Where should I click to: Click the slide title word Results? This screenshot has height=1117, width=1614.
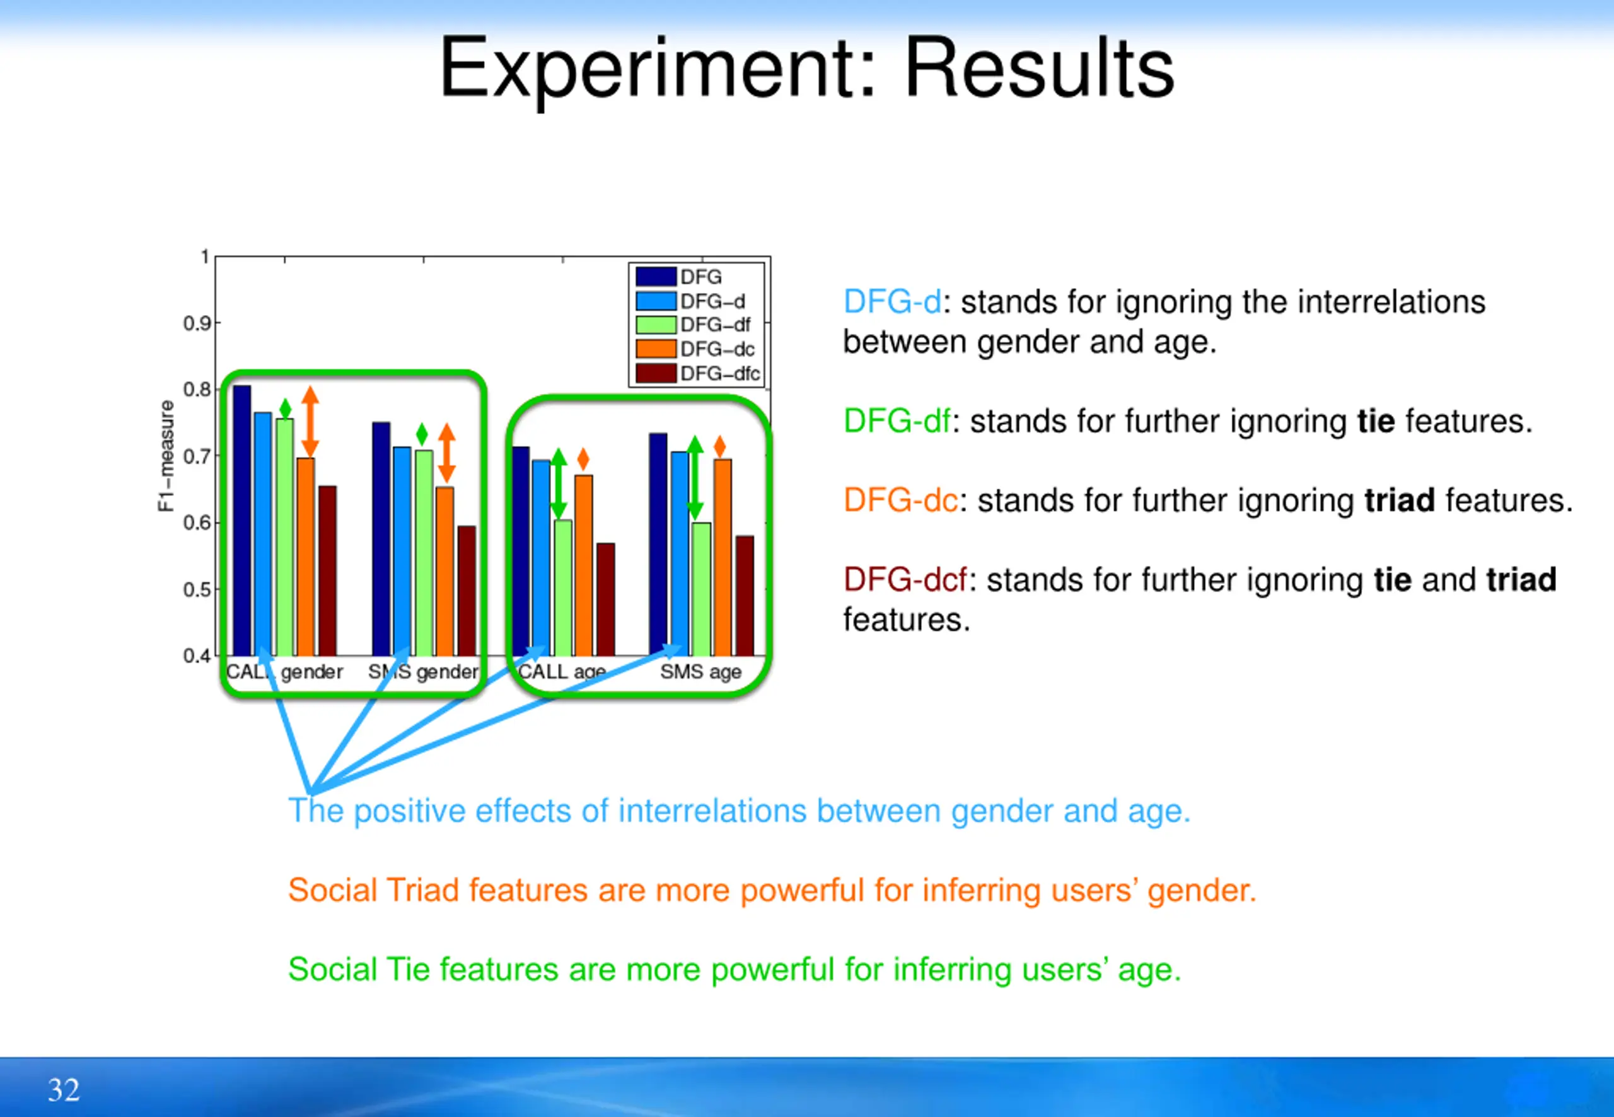coord(1040,68)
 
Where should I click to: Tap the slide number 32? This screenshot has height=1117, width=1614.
coord(64,1089)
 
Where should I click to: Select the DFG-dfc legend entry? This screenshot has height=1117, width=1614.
coord(698,373)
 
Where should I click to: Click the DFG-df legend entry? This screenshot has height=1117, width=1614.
coord(693,325)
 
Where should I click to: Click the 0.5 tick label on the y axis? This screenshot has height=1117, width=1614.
coord(197,589)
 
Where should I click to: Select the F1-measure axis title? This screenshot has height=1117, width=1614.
coord(166,456)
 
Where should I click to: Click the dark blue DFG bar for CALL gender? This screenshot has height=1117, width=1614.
coord(242,521)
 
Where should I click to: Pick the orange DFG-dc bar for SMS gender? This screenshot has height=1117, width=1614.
coord(445,571)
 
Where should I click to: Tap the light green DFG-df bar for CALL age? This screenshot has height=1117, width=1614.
coord(564,588)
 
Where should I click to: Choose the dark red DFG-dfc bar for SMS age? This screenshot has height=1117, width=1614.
coord(745,596)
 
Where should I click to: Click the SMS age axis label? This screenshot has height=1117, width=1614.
coord(700,673)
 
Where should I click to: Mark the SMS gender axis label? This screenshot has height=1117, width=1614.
coord(424,673)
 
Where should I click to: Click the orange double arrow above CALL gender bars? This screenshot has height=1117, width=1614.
coord(310,422)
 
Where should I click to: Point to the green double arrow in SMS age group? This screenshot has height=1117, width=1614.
coord(694,478)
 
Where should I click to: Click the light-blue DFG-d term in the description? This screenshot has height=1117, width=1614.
coord(892,303)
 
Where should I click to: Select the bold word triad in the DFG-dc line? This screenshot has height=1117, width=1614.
coord(1400,501)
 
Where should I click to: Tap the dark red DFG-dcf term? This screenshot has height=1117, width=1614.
coord(905,580)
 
